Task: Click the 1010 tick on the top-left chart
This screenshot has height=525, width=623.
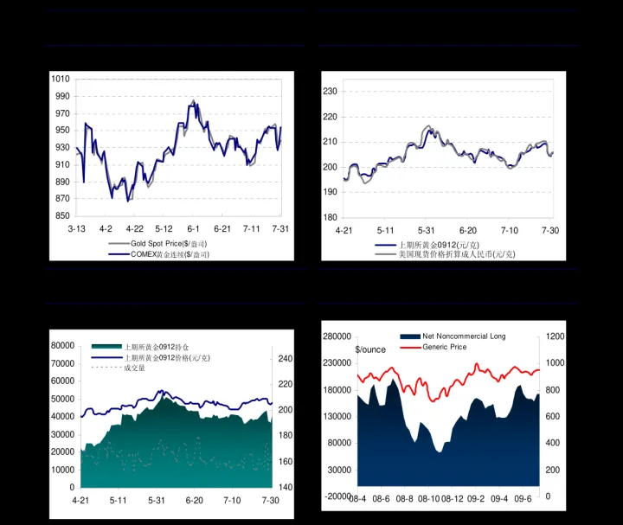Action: [x=61, y=79]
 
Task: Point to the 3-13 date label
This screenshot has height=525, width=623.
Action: [x=76, y=228]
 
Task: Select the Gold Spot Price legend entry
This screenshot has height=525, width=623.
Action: [x=168, y=244]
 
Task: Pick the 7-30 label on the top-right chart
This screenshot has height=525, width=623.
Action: [x=550, y=231]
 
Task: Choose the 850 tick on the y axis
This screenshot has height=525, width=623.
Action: [x=61, y=216]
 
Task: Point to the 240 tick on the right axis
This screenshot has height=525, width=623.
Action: [x=286, y=359]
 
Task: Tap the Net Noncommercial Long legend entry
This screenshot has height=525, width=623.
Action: [x=464, y=336]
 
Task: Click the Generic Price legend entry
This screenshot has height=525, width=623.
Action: [x=444, y=347]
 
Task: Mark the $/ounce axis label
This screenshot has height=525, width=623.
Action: [x=370, y=349]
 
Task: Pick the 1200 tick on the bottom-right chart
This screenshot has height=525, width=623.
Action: [x=556, y=336]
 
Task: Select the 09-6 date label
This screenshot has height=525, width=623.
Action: [x=523, y=499]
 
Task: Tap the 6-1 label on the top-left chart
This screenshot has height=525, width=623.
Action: [x=193, y=228]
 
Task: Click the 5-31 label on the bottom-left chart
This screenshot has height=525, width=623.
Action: [x=157, y=501]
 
